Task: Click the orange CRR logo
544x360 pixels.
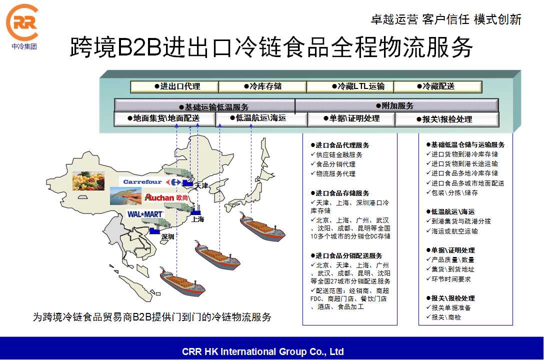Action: coord(22,23)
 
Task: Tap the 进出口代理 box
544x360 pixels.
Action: coord(174,86)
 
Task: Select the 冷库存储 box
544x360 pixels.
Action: coord(262,86)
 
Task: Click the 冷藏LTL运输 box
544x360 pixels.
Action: coord(350,86)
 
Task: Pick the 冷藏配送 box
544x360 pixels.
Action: coord(438,86)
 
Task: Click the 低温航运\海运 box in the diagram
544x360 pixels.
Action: coord(261,118)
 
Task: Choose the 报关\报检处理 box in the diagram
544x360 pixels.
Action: coord(447,119)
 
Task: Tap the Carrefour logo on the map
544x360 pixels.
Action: coord(151,182)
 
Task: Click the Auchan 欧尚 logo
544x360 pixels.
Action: coord(166,197)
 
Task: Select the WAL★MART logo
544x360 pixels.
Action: coord(145,214)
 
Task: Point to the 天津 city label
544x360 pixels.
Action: coord(201,185)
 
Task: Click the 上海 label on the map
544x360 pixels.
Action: coord(198,219)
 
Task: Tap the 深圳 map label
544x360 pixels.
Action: coord(167,237)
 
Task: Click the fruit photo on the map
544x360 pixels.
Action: coord(88,180)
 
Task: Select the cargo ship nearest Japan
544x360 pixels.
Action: coord(262,227)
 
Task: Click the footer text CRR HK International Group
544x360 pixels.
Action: coord(262,351)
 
